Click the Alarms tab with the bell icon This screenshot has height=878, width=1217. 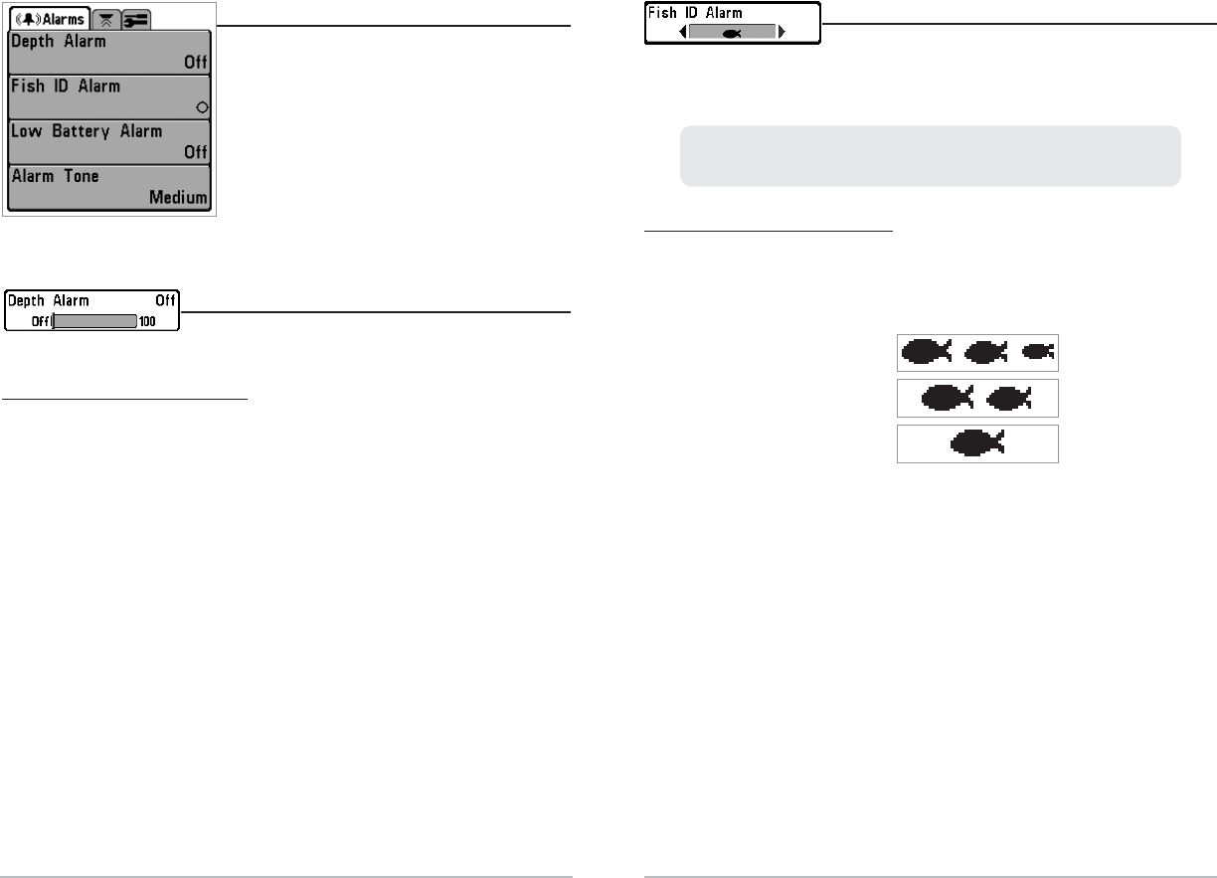(49, 19)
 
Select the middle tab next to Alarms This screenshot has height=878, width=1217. (105, 19)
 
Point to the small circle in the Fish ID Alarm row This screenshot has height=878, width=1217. (202, 106)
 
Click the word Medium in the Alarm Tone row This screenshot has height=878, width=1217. (179, 197)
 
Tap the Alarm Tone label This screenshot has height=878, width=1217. (56, 176)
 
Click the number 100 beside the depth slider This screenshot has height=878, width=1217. (147, 321)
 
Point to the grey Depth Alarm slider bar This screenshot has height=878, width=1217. (94, 321)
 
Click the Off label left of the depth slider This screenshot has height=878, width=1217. (40, 321)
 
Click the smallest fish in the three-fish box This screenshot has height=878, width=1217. (1037, 351)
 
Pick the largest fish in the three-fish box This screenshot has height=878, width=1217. (924, 351)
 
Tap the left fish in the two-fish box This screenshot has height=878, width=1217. (946, 398)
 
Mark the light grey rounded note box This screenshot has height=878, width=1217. (930, 155)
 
